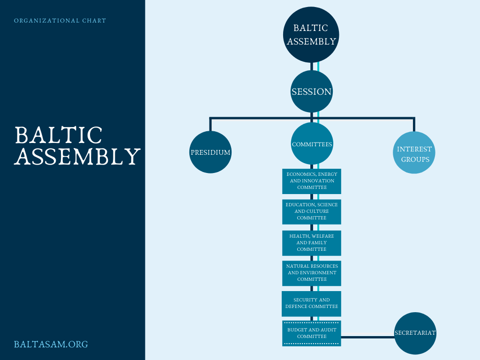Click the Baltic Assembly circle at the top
coord(311,35)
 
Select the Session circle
coord(311,91)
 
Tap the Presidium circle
coord(210,152)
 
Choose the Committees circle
coord(312,144)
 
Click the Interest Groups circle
coord(414,154)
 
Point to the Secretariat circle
coord(415,333)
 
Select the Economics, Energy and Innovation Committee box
coord(312,181)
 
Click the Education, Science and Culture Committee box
coord(312,211)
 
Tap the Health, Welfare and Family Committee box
coord(312,243)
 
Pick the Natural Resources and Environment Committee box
coord(312,273)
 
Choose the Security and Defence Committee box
coord(312,303)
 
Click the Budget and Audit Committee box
coord(312,333)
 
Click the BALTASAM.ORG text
coord(51,345)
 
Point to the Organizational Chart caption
coord(60,21)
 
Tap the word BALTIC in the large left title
coord(59,135)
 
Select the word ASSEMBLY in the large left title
coord(77,157)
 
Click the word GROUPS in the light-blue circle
coord(414,159)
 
